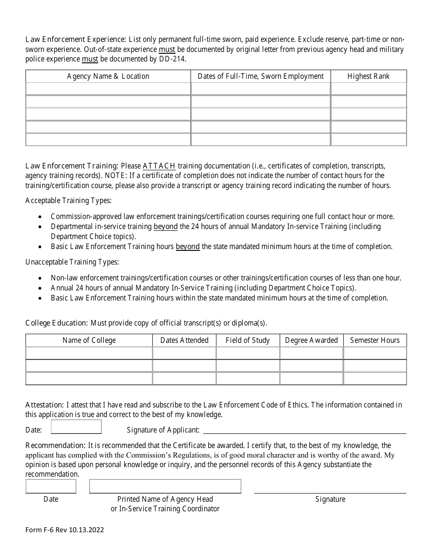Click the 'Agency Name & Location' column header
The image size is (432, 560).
[x=108, y=76]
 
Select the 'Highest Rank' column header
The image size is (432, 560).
[x=368, y=76]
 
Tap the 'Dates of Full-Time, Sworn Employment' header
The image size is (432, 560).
[x=261, y=76]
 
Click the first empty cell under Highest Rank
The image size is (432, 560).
[x=368, y=89]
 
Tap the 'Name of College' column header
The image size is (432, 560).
[x=89, y=341]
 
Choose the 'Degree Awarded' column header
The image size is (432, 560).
[x=311, y=341]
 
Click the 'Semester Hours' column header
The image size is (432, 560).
[x=375, y=341]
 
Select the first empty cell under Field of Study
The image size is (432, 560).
[x=247, y=353]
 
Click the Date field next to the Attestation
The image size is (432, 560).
[x=76, y=427]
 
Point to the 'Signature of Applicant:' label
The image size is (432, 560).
[x=163, y=430]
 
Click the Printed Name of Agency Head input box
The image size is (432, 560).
[x=165, y=486]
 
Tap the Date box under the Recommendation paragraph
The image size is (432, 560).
[x=50, y=486]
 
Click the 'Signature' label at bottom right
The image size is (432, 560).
[x=330, y=499]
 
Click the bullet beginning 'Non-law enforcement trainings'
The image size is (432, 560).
[x=226, y=278]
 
